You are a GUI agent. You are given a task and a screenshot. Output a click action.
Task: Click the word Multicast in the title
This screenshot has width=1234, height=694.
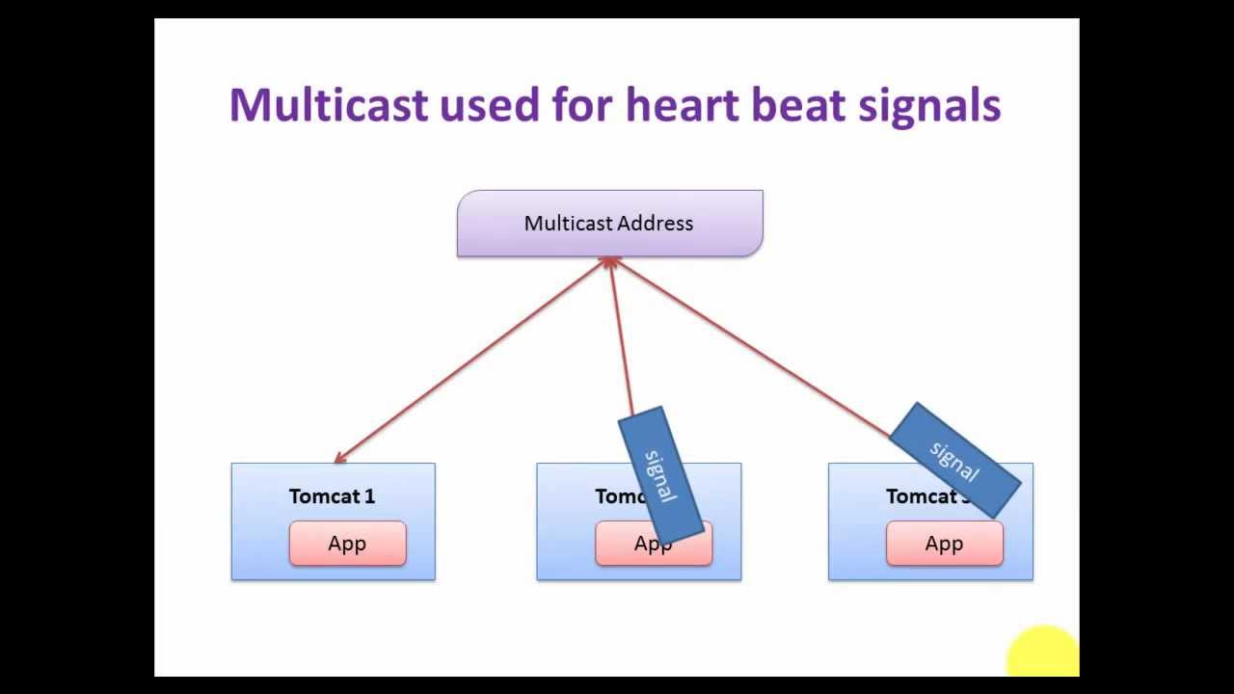coord(328,104)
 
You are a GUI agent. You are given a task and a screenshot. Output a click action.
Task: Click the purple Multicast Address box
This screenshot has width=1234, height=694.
coord(609,224)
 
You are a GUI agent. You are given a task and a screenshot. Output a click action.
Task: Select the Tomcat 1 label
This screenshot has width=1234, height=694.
coord(332,496)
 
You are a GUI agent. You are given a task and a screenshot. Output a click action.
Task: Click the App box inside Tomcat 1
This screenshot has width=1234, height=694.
coord(347,544)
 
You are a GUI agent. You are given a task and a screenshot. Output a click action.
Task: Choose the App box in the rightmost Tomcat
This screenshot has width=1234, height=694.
coord(944,544)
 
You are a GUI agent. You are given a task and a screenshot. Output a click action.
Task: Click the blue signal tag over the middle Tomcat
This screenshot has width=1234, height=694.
coord(660,473)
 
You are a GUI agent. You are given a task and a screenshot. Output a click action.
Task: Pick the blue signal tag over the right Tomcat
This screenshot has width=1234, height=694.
coord(954,461)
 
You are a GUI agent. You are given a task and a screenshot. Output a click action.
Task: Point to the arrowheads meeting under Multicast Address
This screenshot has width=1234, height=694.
coord(609,261)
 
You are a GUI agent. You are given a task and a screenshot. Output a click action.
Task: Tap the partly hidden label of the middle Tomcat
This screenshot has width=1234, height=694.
coord(617,496)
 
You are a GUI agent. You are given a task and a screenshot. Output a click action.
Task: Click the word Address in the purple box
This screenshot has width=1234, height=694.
coord(656,224)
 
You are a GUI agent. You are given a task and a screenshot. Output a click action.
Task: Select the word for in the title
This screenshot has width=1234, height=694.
coord(582,104)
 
